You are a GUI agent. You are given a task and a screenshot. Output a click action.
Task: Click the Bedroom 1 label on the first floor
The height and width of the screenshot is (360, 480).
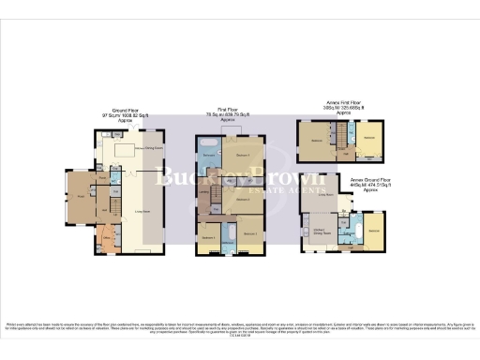(x=242, y=154)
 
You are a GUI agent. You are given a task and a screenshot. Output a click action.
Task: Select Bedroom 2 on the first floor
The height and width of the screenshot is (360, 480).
(x=249, y=232)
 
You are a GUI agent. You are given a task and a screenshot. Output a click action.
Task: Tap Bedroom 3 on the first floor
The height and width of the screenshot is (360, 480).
(x=242, y=199)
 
